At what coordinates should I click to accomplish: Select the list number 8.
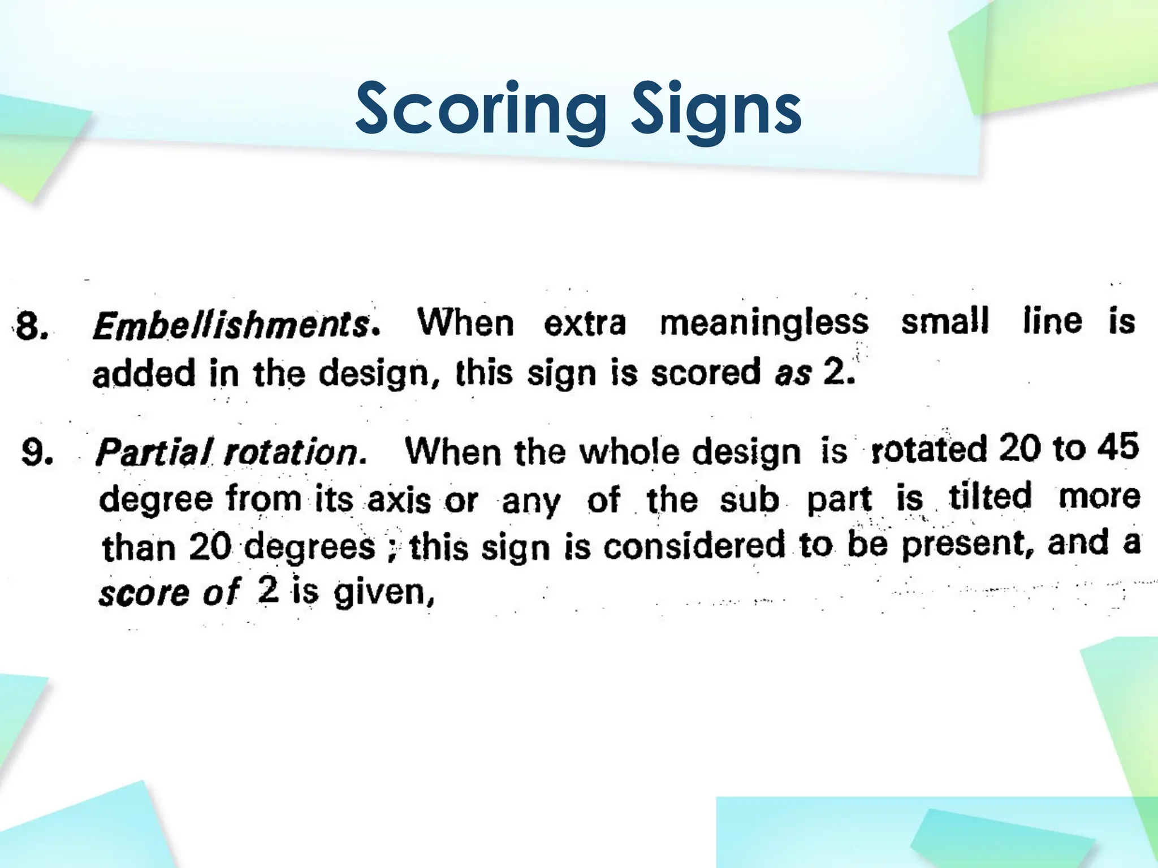pos(32,327)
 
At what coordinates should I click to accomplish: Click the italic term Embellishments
pos(232,325)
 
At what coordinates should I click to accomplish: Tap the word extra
pos(585,323)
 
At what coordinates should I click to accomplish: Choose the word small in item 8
pos(944,321)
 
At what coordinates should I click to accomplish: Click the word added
pos(144,374)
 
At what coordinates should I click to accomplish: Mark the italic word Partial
pos(154,452)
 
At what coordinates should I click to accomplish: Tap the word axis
pos(399,501)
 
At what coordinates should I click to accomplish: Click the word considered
pos(694,546)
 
